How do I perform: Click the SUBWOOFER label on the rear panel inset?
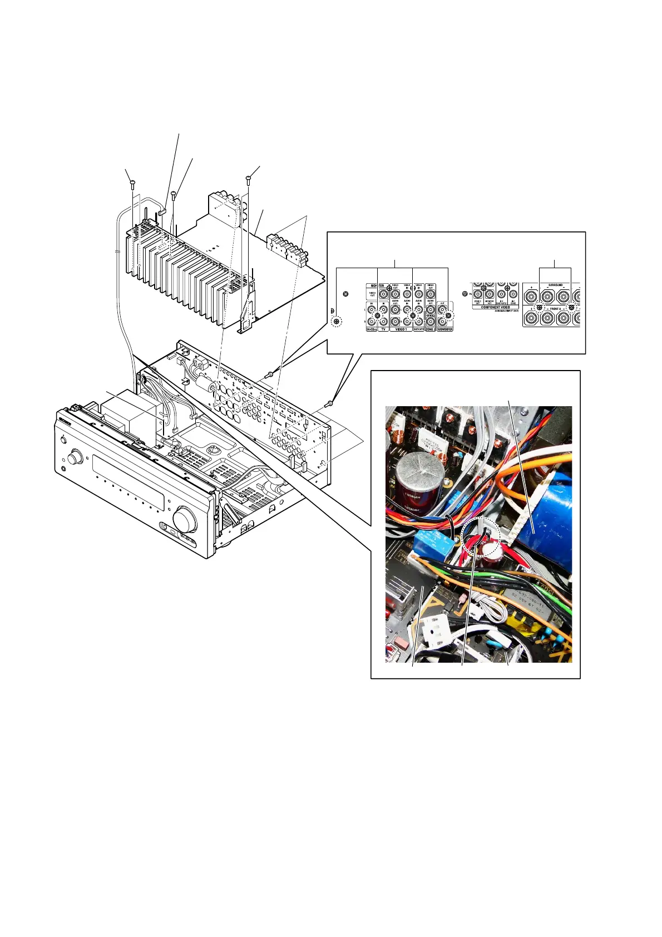[445, 329]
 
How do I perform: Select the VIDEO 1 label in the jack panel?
[401, 329]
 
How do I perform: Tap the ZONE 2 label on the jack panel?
[430, 329]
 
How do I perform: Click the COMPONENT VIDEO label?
[495, 307]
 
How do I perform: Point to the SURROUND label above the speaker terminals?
[555, 285]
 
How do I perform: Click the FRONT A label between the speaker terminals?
[555, 309]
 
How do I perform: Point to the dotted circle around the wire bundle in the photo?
[481, 539]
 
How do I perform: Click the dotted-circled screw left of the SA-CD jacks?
[337, 321]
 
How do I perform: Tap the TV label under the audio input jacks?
[383, 329]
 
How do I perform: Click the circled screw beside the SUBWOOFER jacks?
[448, 315]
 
